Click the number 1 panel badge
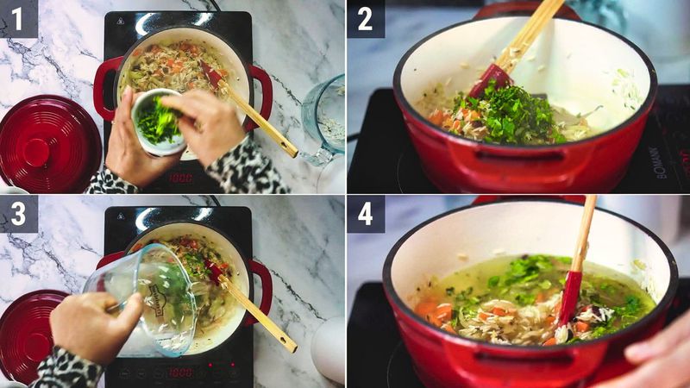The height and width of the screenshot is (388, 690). pyautogui.click(x=18, y=18)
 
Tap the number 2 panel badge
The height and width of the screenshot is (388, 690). pyautogui.click(x=366, y=18)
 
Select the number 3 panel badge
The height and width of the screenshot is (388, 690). pyautogui.click(x=18, y=213)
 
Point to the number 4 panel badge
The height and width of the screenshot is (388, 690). pyautogui.click(x=366, y=213)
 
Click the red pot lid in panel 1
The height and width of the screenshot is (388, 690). pyautogui.click(x=47, y=141)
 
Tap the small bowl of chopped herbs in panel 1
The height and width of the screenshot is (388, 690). pyautogui.click(x=158, y=122)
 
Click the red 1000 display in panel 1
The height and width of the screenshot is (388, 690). pyautogui.click(x=179, y=178)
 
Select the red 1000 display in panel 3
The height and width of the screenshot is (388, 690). pyautogui.click(x=179, y=372)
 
